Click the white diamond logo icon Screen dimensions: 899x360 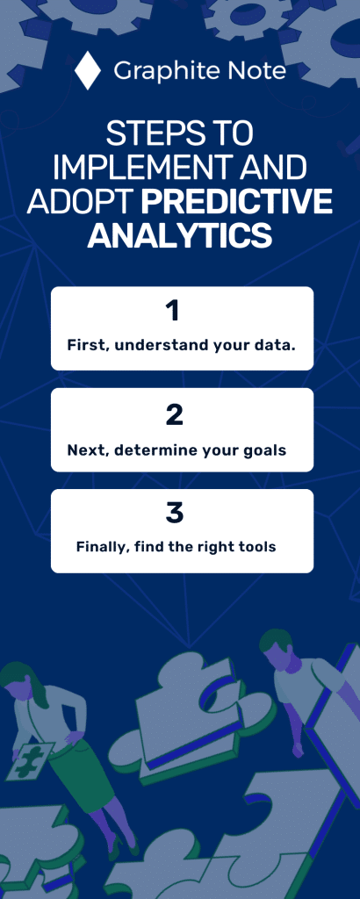pos(87,70)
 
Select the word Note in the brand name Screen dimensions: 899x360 pos(256,70)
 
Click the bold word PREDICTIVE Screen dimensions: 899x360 pos(237,202)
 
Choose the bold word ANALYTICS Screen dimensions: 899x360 pos(180,235)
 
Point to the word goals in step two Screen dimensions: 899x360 pos(265,450)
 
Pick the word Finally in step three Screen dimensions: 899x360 pos(102,547)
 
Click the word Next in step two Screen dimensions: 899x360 pos(85,450)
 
